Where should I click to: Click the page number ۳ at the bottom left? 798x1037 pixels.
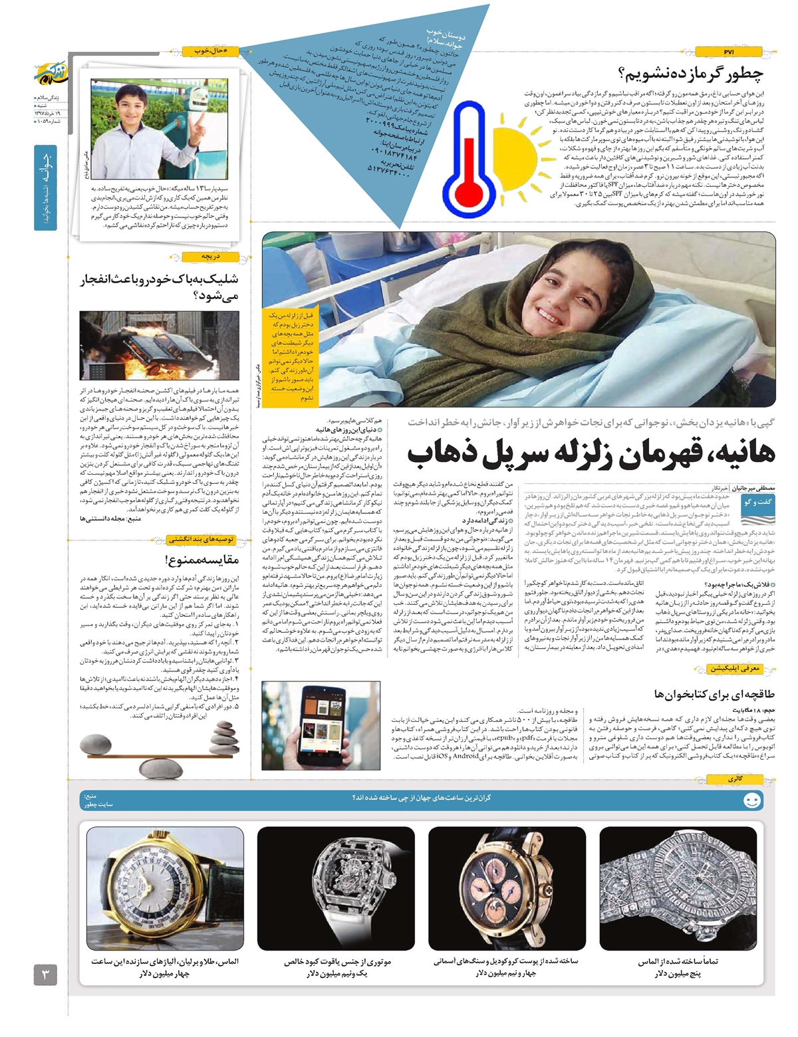(45, 975)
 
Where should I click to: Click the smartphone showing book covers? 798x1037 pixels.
(319, 724)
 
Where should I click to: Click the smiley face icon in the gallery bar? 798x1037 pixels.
(752, 800)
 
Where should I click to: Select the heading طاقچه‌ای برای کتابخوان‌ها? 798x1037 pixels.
(714, 694)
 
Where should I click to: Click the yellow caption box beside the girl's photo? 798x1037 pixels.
(291, 356)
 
